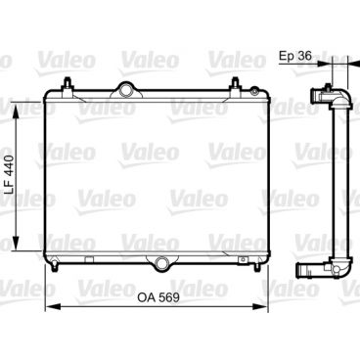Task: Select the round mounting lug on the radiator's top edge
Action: point(126,90)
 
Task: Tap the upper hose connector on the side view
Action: point(320,95)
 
